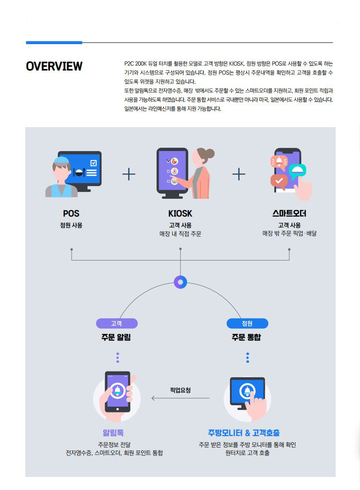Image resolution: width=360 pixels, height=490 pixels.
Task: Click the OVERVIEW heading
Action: tap(54, 66)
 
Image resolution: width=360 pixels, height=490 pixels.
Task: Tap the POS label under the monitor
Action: tap(71, 213)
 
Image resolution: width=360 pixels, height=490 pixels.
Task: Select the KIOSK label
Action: tap(180, 213)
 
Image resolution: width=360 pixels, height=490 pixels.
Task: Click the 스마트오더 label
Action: tap(289, 213)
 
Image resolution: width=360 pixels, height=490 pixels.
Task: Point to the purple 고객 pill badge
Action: tap(117, 324)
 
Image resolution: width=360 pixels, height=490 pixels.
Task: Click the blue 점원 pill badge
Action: tap(247, 324)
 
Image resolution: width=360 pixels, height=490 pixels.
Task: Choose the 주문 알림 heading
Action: tap(116, 337)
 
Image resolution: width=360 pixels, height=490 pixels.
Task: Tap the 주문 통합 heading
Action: tap(246, 337)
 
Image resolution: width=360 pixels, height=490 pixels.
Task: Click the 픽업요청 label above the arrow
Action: tap(180, 390)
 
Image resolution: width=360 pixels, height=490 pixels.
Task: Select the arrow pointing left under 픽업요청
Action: tap(180, 398)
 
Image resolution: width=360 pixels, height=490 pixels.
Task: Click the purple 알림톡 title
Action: tap(113, 433)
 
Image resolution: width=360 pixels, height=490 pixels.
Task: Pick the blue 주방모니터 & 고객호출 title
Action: tap(244, 433)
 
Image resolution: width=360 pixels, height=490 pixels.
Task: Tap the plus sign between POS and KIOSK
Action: tap(129, 174)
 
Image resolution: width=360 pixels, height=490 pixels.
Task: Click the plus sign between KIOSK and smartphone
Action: tap(239, 174)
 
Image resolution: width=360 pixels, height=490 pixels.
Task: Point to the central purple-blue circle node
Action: tap(180, 282)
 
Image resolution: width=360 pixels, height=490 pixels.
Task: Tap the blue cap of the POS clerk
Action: tap(61, 160)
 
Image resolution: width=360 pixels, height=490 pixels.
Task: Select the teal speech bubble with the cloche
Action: tap(298, 170)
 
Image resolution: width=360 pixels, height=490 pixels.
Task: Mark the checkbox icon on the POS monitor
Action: tap(93, 163)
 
